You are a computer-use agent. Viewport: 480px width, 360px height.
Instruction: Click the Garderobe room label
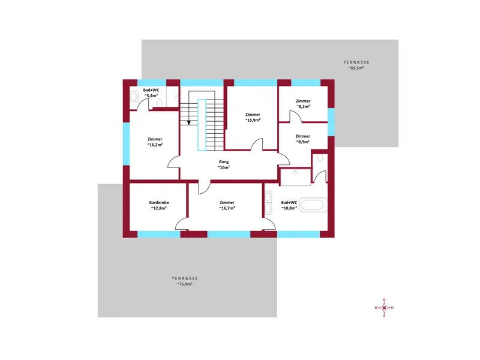click(158, 202)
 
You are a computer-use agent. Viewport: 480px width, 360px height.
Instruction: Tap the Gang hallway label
click(223, 162)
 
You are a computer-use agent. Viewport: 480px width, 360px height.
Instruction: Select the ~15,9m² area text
click(253, 120)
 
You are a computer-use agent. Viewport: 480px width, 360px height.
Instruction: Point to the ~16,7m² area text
click(227, 208)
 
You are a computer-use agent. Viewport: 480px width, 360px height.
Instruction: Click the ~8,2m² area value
click(303, 106)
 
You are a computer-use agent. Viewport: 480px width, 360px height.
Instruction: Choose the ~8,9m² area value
click(302, 142)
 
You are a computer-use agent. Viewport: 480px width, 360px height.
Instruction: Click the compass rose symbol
click(384, 308)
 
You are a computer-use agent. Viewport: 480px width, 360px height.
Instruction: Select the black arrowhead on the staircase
click(189, 122)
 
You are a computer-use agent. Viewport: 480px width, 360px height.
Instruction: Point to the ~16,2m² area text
click(155, 145)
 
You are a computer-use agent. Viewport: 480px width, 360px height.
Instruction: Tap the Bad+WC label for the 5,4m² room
click(151, 90)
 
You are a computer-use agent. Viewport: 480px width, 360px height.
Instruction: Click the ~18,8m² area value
click(289, 208)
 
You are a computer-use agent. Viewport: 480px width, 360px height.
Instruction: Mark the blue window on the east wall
click(331, 122)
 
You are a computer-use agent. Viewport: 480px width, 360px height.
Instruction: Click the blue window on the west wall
click(126, 144)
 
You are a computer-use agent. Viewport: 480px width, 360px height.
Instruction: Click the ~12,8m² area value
click(158, 208)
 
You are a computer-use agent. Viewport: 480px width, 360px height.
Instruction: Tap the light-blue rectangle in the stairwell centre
click(202, 125)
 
